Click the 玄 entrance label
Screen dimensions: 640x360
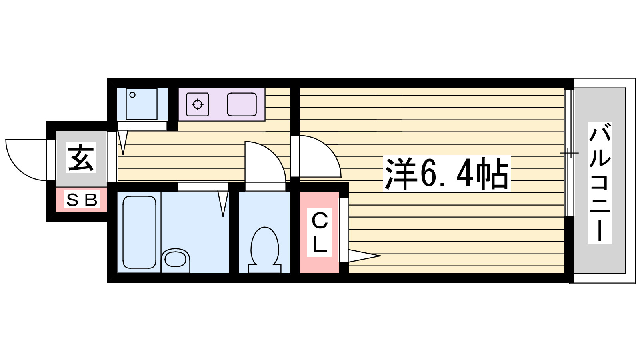coord(80,158)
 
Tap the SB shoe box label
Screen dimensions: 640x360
coord(82,200)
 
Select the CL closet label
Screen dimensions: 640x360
coord(320,232)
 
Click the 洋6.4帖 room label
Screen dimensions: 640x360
coord(447,173)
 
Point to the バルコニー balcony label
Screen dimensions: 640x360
coord(600,183)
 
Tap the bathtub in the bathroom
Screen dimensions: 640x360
coord(140,232)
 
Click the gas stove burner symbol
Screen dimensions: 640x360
coord(198,104)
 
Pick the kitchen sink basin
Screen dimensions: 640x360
coord(242,104)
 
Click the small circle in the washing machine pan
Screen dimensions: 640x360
coord(132,95)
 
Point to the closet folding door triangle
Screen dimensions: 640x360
coord(364,256)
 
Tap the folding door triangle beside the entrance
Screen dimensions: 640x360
coord(123,142)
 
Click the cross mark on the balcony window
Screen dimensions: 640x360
coord(570,153)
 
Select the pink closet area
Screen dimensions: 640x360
coord(319,232)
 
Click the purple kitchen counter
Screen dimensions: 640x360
coord(222,104)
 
